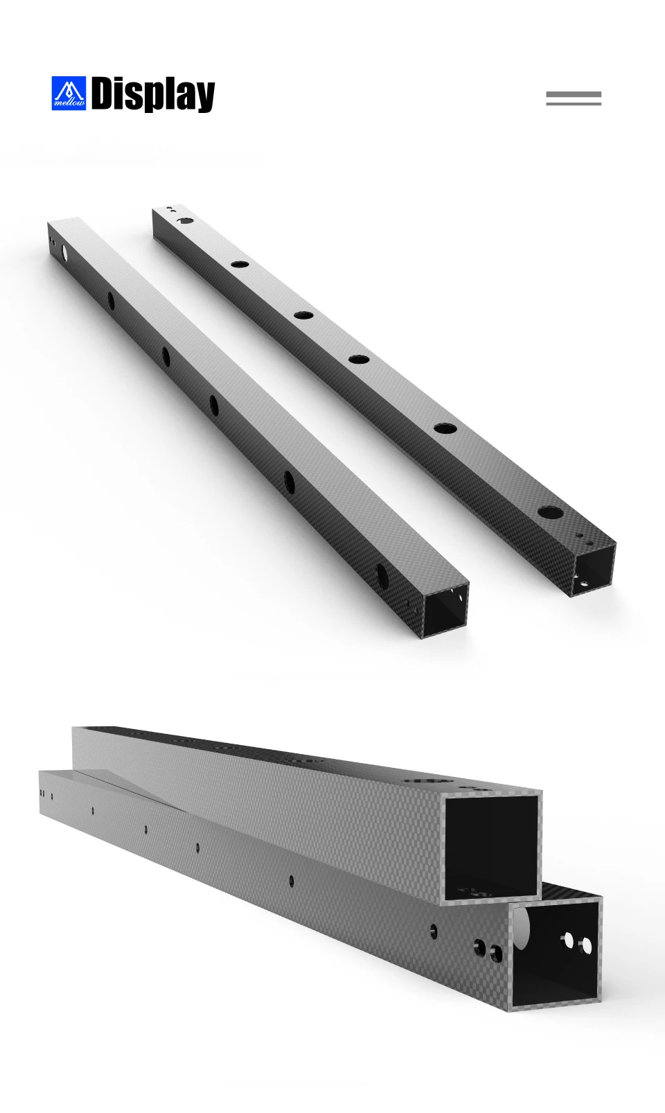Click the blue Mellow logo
pyautogui.click(x=69, y=94)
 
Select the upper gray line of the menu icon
pyautogui.click(x=574, y=94)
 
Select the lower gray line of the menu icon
pyautogui.click(x=574, y=103)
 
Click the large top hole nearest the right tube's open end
pyautogui.click(x=549, y=512)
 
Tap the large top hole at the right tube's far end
pyautogui.click(x=186, y=220)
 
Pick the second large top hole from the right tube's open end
pyautogui.click(x=445, y=428)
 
